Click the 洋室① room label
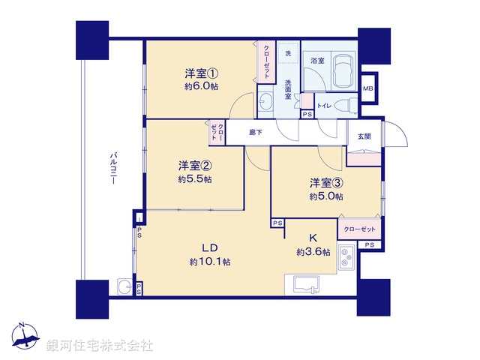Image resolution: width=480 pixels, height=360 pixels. tap(201, 73)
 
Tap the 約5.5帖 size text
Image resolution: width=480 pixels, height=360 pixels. tap(194, 180)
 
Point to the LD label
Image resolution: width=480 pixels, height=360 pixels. tap(209, 247)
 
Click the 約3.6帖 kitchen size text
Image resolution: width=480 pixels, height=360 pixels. tap(313, 253)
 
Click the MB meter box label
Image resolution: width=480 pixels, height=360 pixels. tap(368, 89)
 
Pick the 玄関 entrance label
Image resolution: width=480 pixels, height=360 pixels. tap(364, 136)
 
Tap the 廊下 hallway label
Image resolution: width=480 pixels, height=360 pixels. tap(256, 133)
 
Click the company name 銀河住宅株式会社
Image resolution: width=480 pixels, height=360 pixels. tap(100, 346)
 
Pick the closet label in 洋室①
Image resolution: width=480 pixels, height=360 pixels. tap(266, 61)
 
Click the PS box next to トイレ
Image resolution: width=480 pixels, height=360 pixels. tap(307, 114)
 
